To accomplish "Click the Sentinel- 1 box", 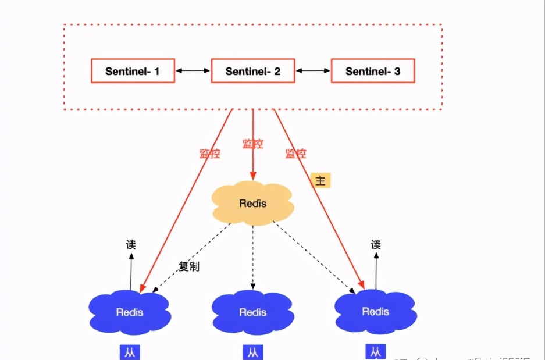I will click(x=133, y=70).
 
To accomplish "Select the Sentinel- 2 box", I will click(x=253, y=70).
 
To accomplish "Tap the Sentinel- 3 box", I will click(x=373, y=70).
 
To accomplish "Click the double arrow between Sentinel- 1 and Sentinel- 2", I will click(x=193, y=70).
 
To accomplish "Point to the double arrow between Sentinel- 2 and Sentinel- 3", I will click(x=313, y=70).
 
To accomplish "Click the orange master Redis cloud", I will click(x=253, y=204).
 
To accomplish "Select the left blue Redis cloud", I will click(x=130, y=312).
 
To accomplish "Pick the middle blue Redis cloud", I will click(x=253, y=312).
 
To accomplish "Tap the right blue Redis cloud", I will click(x=375, y=311).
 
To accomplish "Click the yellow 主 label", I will click(x=320, y=180).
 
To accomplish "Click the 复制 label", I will click(x=189, y=267).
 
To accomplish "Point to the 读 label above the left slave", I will click(x=131, y=245).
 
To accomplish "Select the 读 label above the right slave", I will click(x=376, y=245).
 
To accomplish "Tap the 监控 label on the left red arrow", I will click(x=210, y=154).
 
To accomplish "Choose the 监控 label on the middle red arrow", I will click(x=253, y=143).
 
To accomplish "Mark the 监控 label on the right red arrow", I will click(x=295, y=154).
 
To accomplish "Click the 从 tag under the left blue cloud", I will click(x=130, y=352).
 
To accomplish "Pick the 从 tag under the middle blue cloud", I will click(x=252, y=352).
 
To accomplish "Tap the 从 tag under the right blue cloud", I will click(x=376, y=352).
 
